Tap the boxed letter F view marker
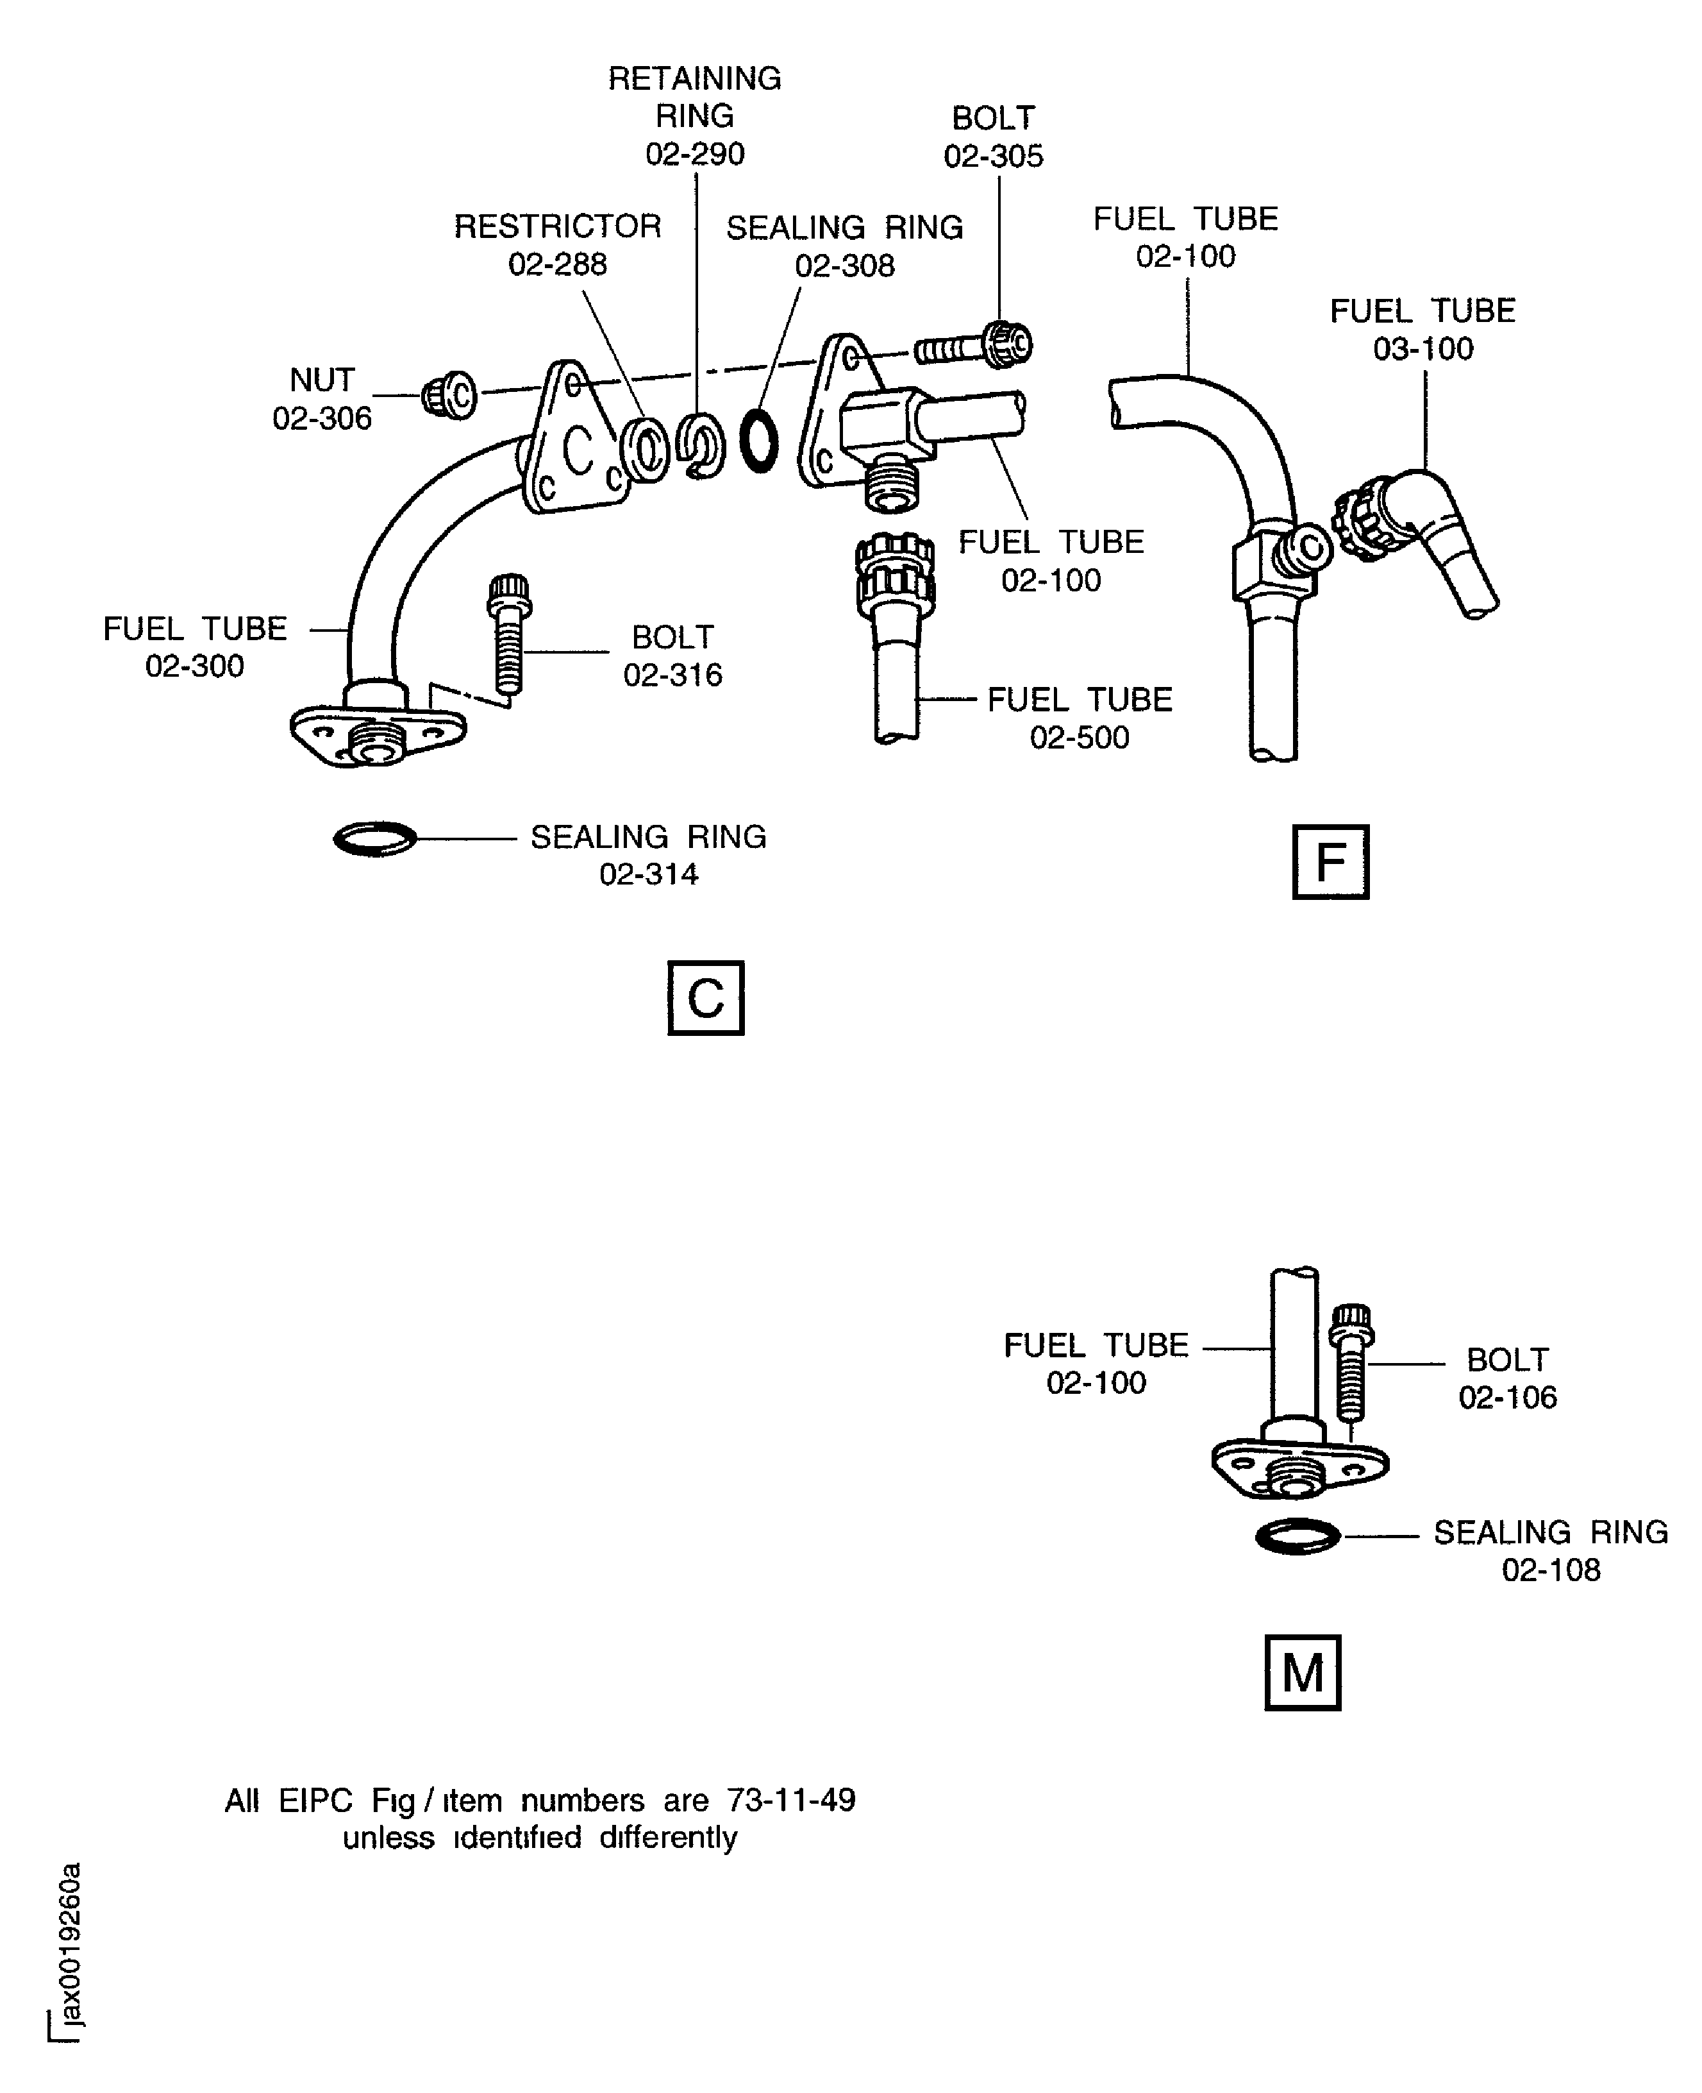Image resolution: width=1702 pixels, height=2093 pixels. [x=1330, y=862]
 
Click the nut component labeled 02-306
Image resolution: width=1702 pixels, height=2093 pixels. [x=449, y=395]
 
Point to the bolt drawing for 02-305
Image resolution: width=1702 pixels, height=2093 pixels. [x=974, y=347]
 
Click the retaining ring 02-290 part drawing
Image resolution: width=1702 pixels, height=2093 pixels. [x=701, y=446]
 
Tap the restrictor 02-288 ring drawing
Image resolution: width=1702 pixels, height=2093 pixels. [x=644, y=449]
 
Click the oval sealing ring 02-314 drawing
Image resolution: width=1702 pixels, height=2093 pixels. [x=374, y=838]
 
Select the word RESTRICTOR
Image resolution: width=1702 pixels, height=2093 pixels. [x=557, y=226]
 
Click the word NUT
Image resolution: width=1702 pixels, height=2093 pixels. [x=322, y=380]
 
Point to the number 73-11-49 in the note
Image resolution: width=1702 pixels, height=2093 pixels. [x=790, y=1800]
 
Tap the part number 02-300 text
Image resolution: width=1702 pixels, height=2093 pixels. [x=194, y=666]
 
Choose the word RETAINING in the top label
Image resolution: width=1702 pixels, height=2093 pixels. [x=694, y=78]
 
